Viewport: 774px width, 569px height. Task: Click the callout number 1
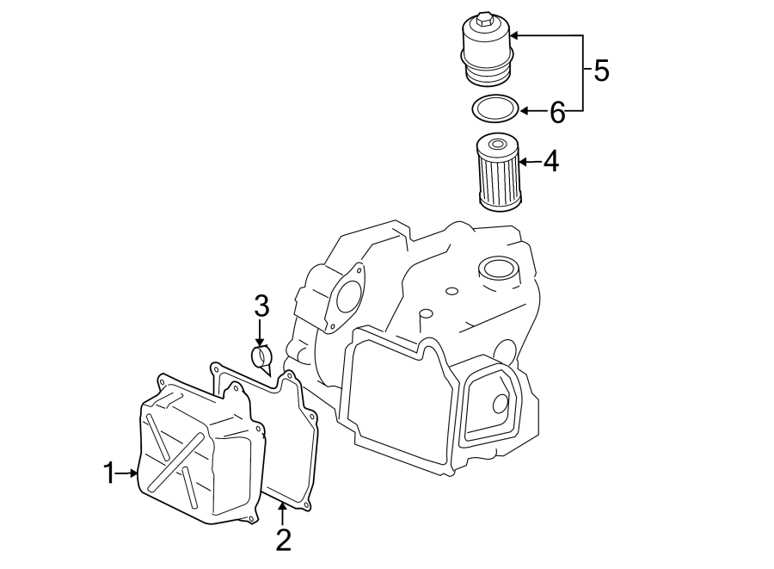(109, 473)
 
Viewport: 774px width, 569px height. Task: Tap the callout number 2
(283, 540)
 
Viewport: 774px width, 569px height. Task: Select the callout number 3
(261, 306)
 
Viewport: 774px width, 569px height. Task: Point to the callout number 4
(550, 161)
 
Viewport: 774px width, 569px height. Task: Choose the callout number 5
(601, 71)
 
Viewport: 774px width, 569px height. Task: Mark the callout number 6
(557, 111)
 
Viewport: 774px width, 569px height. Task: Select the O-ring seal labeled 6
(495, 109)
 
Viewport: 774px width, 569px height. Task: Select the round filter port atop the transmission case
(498, 269)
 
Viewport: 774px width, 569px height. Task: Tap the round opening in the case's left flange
(347, 295)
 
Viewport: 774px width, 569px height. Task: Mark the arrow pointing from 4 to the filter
(529, 161)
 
